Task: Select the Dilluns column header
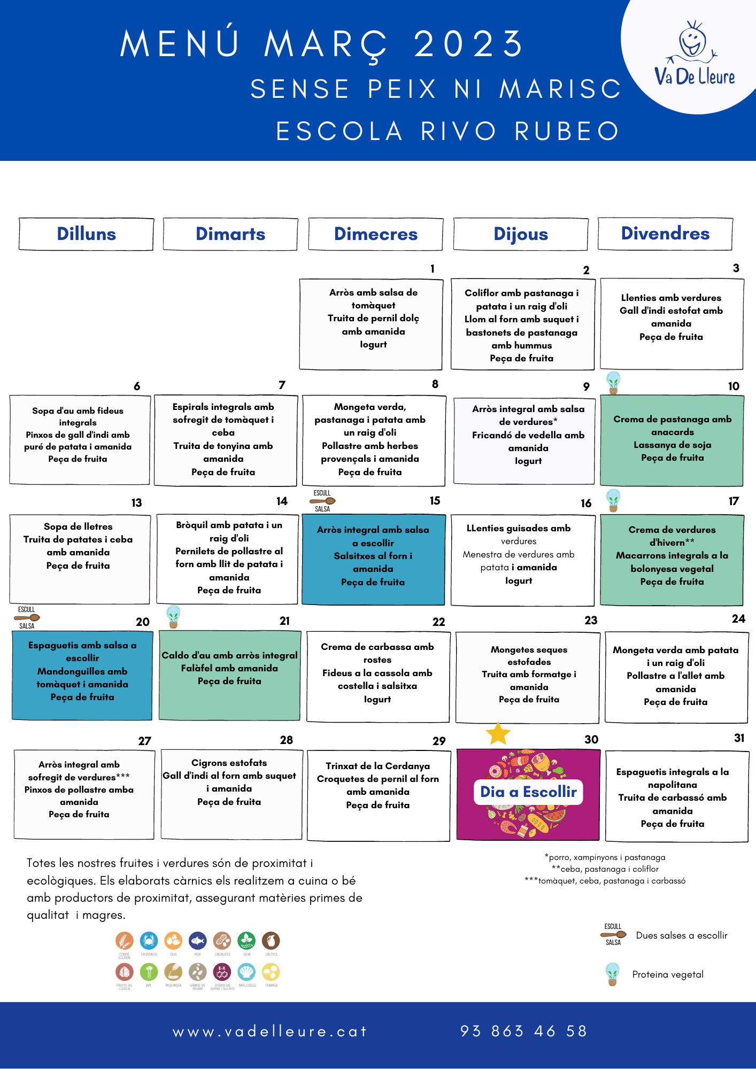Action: [x=86, y=234]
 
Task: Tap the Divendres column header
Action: [x=665, y=234]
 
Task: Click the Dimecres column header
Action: [x=375, y=234]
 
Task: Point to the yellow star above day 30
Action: [x=498, y=733]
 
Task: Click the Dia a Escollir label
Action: [x=528, y=792]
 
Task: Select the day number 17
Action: [x=734, y=501]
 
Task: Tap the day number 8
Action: [x=435, y=384]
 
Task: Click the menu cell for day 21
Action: [x=229, y=676]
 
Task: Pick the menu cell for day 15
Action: [x=373, y=559]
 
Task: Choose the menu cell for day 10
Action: [x=672, y=440]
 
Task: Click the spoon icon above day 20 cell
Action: [x=27, y=618]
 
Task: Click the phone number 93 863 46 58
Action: [x=523, y=1031]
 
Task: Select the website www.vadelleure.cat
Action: [x=269, y=1032]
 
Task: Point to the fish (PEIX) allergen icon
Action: [x=197, y=941]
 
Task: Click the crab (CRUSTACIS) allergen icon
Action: [x=149, y=941]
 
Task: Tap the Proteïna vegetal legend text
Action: [x=668, y=974]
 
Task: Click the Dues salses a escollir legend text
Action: [x=682, y=935]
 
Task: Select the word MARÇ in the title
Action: [x=326, y=44]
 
